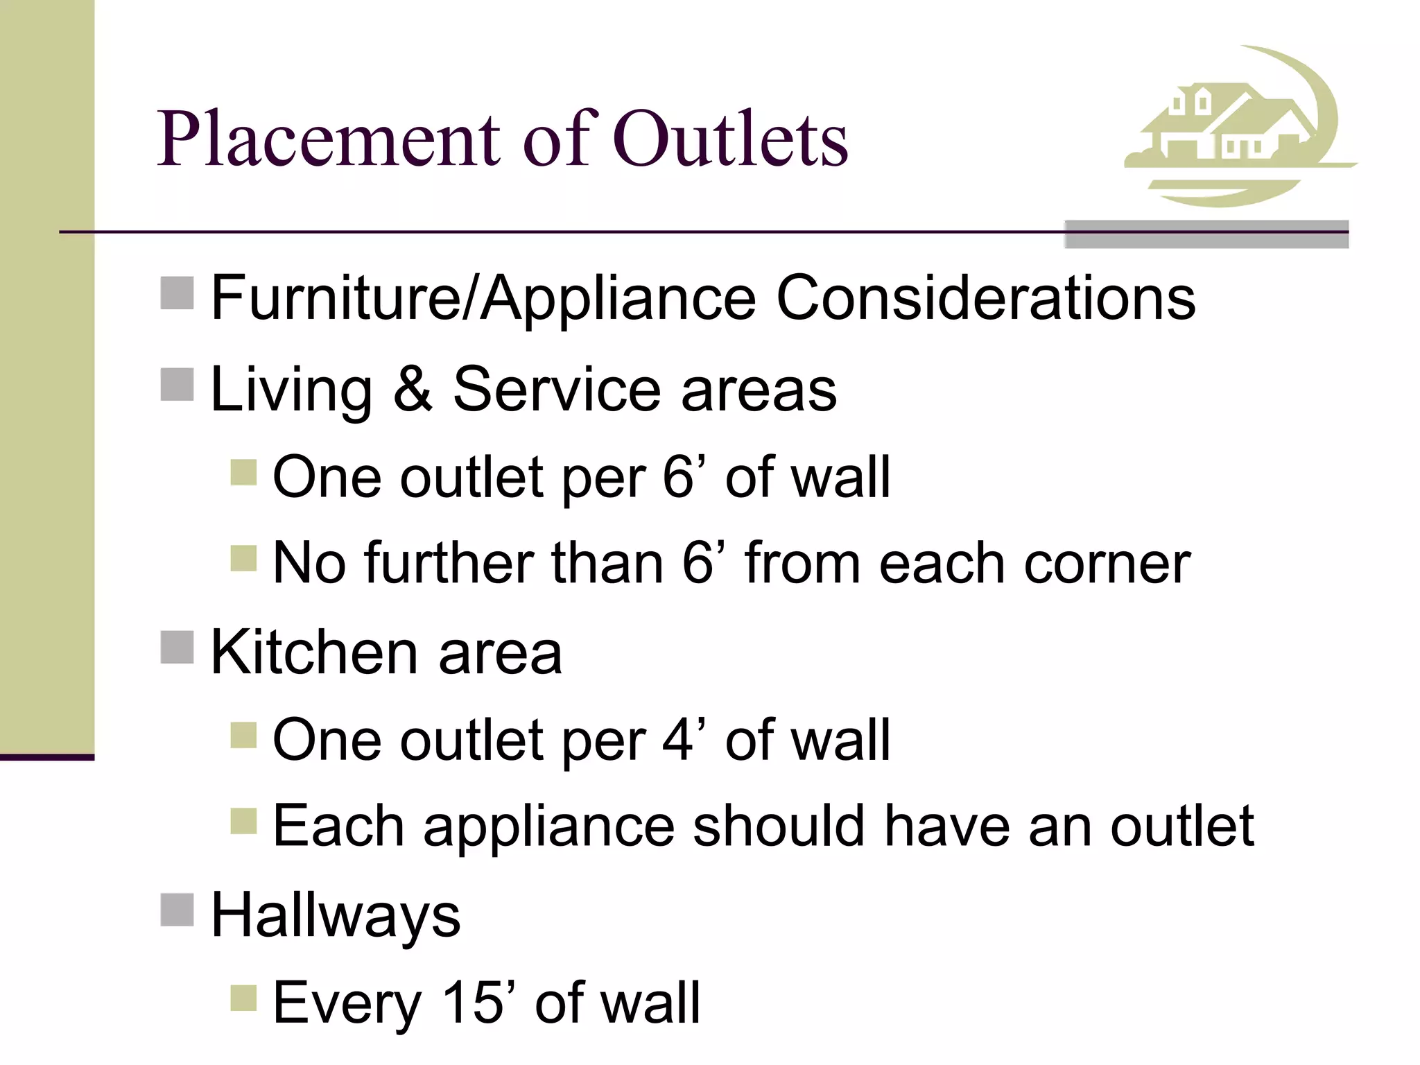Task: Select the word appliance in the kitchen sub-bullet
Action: coord(548,826)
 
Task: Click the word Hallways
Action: coord(336,915)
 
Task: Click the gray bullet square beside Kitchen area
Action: coord(177,647)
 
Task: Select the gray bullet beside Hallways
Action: coord(177,910)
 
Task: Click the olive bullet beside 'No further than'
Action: coord(243,557)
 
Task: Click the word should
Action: coord(779,826)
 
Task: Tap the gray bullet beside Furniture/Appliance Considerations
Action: coord(177,293)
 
